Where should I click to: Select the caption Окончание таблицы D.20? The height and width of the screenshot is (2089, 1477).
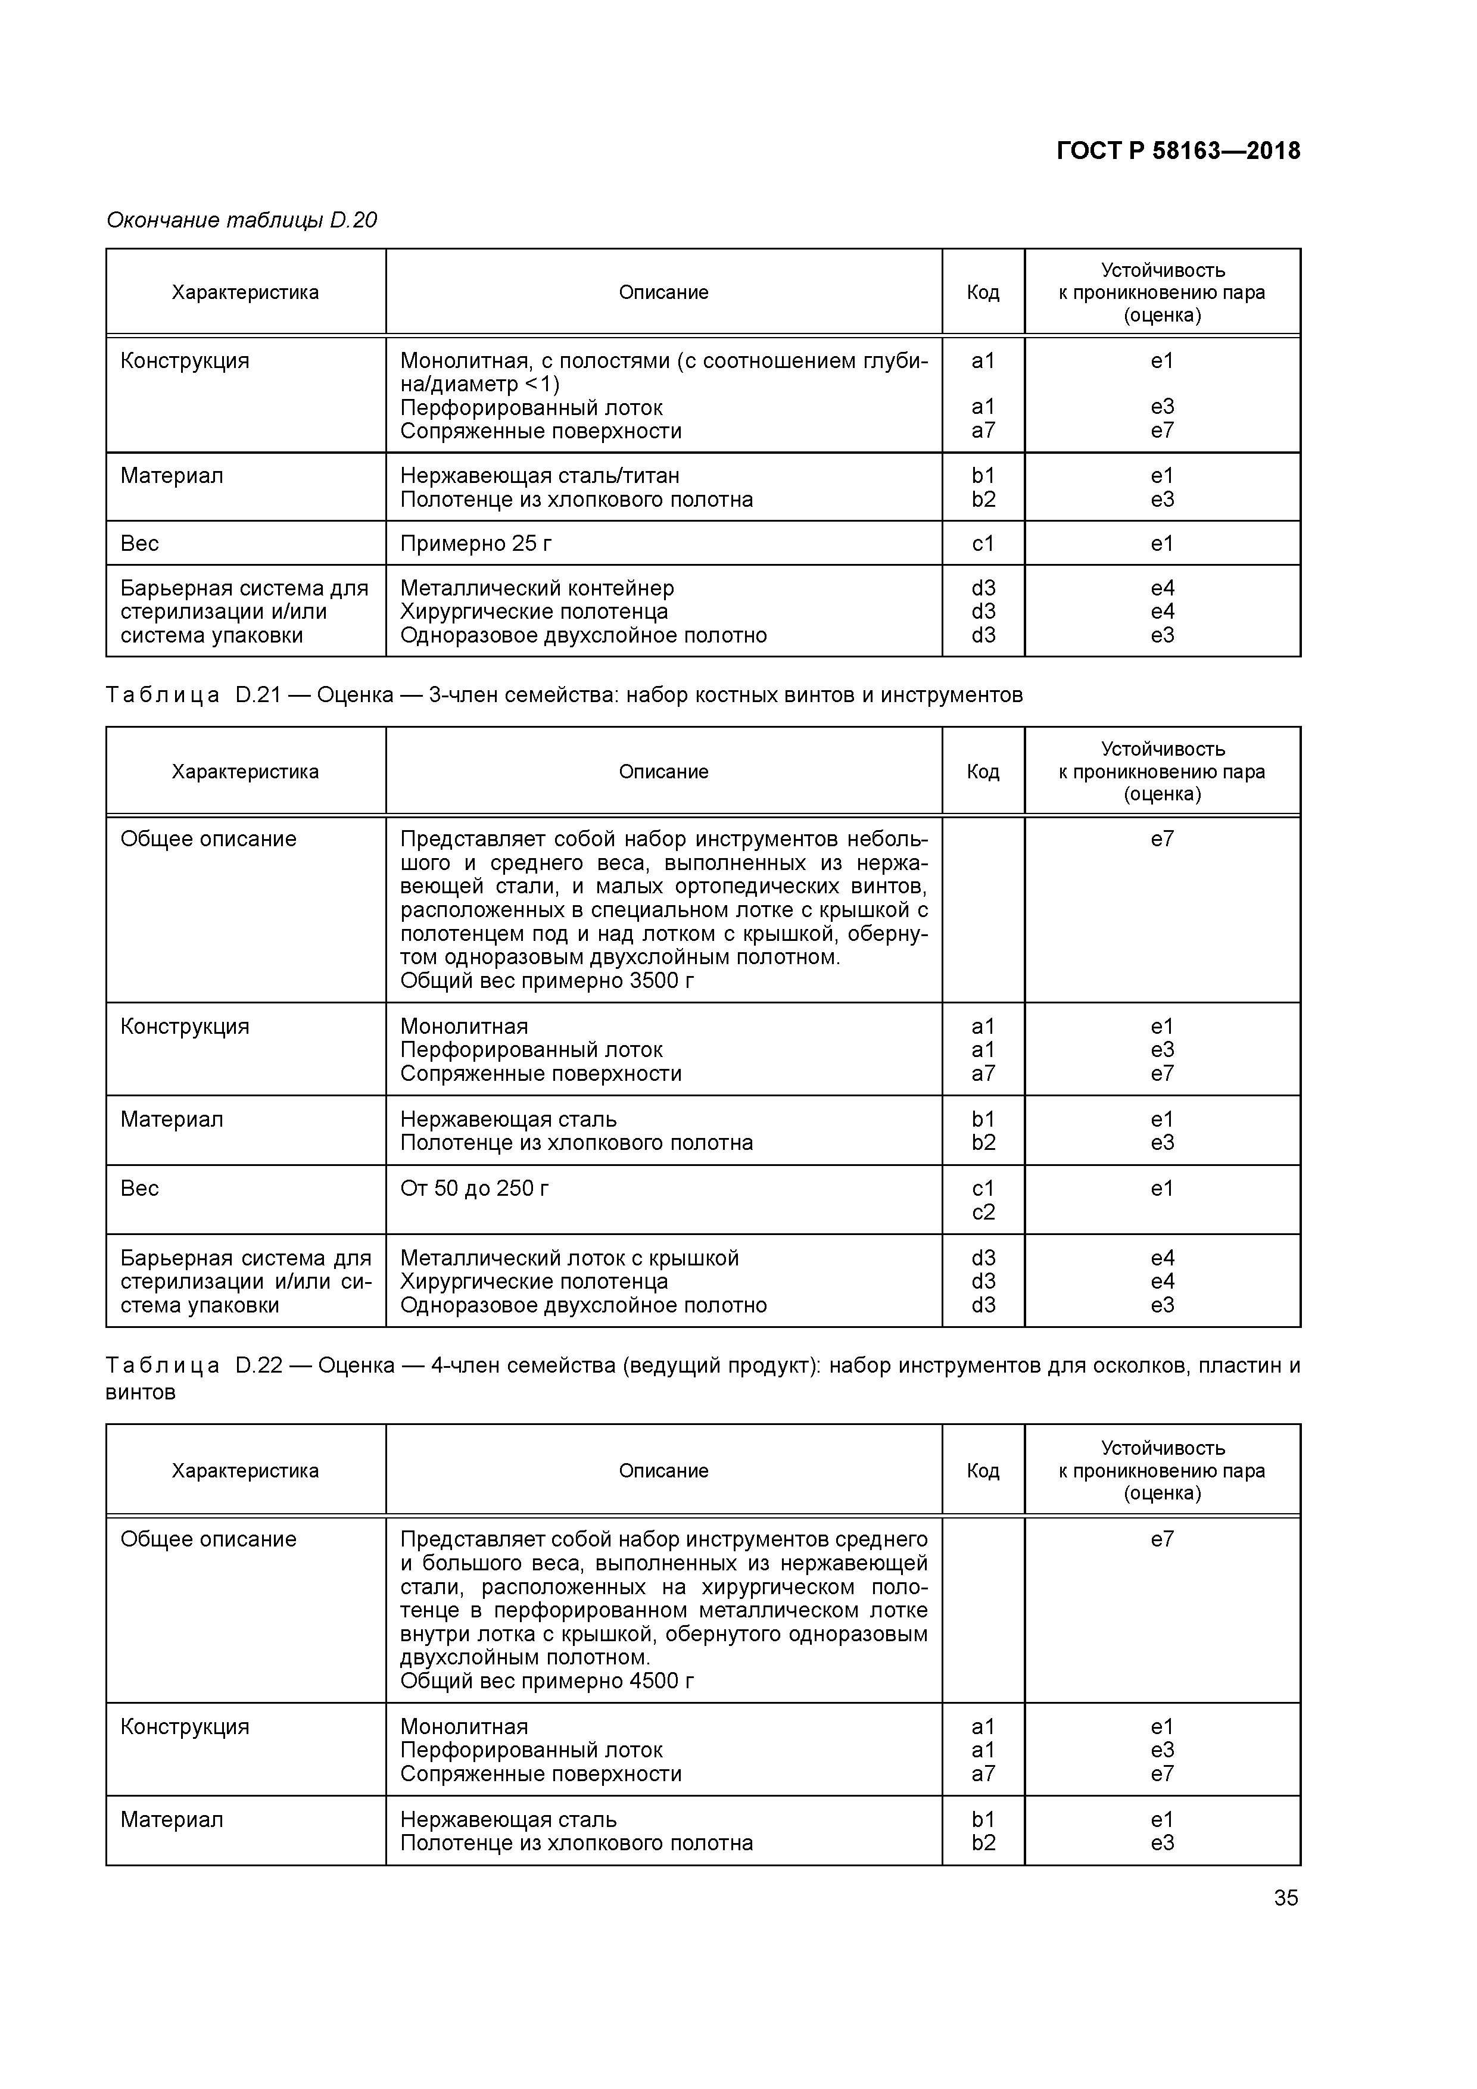point(241,220)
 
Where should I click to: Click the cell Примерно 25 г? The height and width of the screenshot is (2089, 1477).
point(476,544)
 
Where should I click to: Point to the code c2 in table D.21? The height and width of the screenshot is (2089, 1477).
point(983,1212)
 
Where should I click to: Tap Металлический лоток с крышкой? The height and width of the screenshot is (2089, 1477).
point(569,1258)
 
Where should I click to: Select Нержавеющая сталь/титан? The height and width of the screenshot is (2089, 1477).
point(540,476)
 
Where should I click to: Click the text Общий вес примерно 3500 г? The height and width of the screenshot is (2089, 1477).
point(547,981)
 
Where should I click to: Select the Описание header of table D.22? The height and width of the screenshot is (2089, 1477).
point(663,1471)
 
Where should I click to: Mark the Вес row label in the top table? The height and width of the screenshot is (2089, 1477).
point(139,544)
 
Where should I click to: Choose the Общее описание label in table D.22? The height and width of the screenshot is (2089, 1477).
point(208,1539)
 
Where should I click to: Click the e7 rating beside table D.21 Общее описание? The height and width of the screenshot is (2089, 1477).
point(1162,839)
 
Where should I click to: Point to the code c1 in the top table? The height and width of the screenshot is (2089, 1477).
point(983,544)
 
